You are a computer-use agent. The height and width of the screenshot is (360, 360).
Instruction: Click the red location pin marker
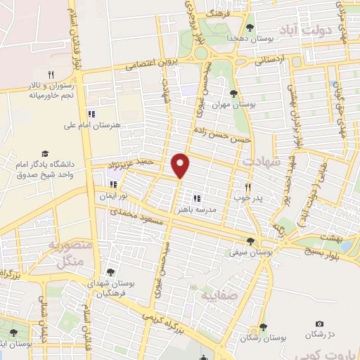click(x=181, y=165)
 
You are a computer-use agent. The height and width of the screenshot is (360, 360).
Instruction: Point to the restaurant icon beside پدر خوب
click(x=247, y=188)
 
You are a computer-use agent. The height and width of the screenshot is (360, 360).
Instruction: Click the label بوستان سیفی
click(x=255, y=250)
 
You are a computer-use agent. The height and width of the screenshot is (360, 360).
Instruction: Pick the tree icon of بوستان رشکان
click(x=262, y=326)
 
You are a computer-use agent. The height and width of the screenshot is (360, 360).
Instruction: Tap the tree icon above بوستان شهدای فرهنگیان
click(x=109, y=272)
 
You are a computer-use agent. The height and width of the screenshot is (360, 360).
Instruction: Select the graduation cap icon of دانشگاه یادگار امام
click(x=45, y=153)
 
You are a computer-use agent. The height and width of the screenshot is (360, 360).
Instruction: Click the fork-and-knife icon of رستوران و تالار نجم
click(x=51, y=74)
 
